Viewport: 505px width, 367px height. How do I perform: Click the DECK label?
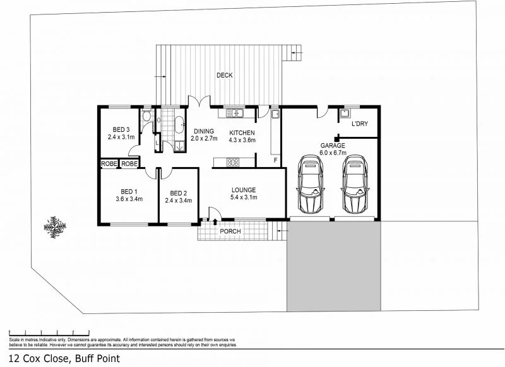tap(224, 76)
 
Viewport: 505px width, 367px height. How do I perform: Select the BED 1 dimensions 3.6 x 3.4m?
tap(129, 199)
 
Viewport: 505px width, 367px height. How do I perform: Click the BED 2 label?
tap(178, 193)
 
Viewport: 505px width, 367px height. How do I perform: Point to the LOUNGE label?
tap(243, 189)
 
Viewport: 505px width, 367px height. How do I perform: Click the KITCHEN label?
tap(242, 132)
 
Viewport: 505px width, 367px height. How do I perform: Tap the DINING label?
tap(205, 131)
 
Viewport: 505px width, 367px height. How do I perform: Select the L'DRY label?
tap(359, 124)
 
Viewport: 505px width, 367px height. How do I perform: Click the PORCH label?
tap(230, 231)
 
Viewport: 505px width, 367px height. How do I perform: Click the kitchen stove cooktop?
tap(232, 162)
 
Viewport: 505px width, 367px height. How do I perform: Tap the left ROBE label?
tap(108, 164)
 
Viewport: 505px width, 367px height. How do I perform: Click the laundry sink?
tap(345, 114)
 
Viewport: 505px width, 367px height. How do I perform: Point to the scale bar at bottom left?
tap(49, 331)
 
